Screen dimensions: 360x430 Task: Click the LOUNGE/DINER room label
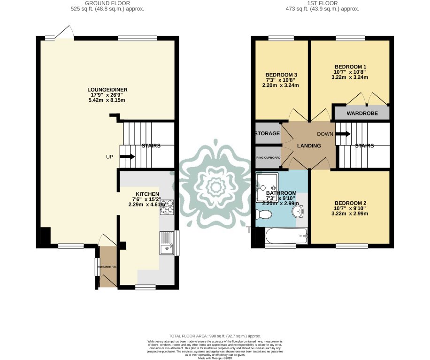click(107, 90)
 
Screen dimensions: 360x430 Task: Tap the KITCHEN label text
click(147, 194)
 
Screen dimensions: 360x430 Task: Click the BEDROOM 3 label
click(281, 75)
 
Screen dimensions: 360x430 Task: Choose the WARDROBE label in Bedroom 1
click(361, 114)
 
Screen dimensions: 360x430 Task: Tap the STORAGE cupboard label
click(267, 134)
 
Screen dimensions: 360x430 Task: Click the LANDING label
click(309, 146)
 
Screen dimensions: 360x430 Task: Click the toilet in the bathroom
click(264, 215)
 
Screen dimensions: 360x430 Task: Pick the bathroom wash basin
click(299, 212)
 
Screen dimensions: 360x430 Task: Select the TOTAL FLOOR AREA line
click(215, 336)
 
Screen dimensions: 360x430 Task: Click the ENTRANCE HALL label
click(107, 267)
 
